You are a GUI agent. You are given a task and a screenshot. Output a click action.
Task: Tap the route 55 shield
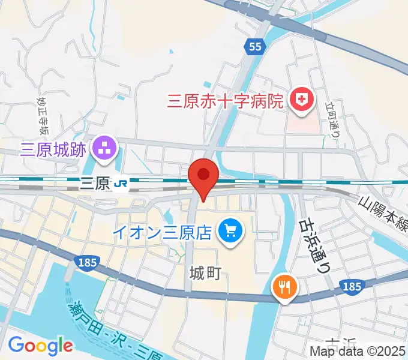point(254,47)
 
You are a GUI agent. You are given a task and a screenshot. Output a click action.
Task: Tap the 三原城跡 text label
point(55,149)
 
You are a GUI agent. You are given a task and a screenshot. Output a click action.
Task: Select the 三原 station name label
point(95,184)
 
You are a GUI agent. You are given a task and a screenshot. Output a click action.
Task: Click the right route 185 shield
point(352,287)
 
